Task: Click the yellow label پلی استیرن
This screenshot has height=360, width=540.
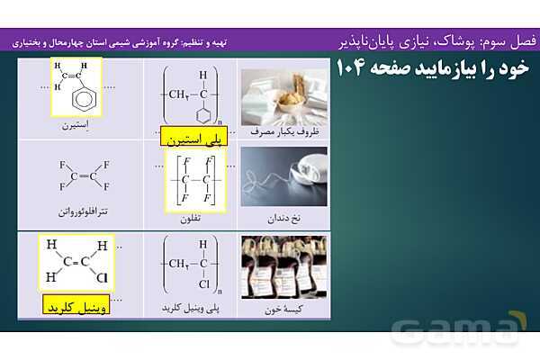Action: click(x=193, y=139)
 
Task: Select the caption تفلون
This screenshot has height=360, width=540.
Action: click(x=193, y=217)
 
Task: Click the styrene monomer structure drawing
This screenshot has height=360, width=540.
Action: click(x=76, y=87)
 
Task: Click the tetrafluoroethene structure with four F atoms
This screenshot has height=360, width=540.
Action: click(x=83, y=175)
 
